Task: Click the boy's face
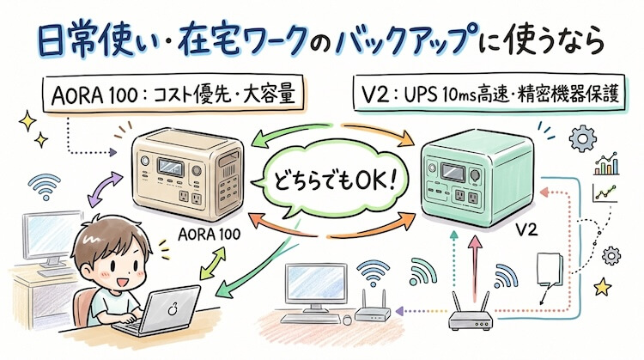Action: tap(100, 259)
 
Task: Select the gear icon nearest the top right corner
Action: tap(587, 137)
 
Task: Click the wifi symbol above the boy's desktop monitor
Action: tap(44, 183)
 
